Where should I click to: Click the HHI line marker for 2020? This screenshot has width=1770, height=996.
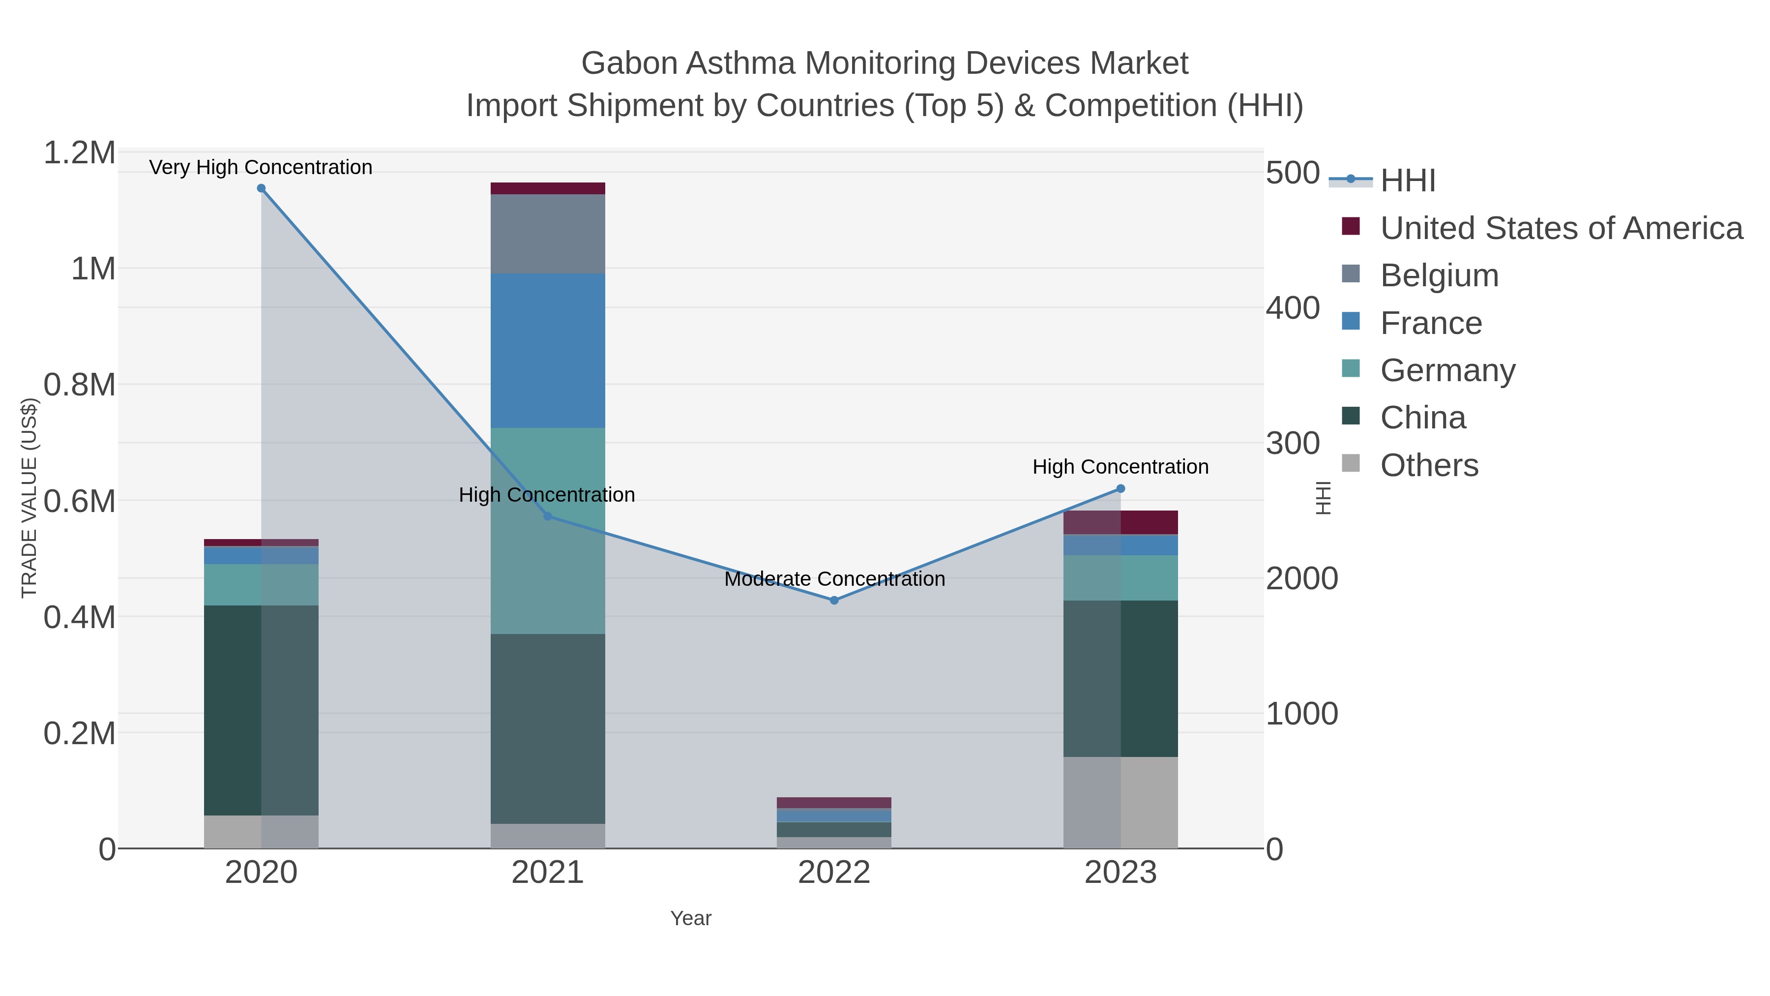tap(261, 188)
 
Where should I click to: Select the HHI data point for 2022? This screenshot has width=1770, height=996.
tap(834, 600)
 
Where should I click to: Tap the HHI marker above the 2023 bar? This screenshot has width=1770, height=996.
tap(1121, 489)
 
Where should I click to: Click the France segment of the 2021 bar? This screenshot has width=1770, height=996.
tap(548, 351)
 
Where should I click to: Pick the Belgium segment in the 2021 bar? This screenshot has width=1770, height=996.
tap(548, 234)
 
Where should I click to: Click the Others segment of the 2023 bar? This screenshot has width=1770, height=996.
tap(1121, 802)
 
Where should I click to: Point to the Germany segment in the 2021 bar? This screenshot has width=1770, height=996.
tap(548, 531)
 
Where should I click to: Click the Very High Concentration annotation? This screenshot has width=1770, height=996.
tap(261, 167)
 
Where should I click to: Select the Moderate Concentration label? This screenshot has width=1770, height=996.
tap(834, 579)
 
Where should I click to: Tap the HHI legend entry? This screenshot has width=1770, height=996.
tap(1407, 180)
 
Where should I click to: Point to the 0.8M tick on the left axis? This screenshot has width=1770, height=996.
tap(79, 385)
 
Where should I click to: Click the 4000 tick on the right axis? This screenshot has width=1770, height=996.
tap(1293, 308)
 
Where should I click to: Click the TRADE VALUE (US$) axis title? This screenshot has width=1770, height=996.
tap(29, 498)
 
